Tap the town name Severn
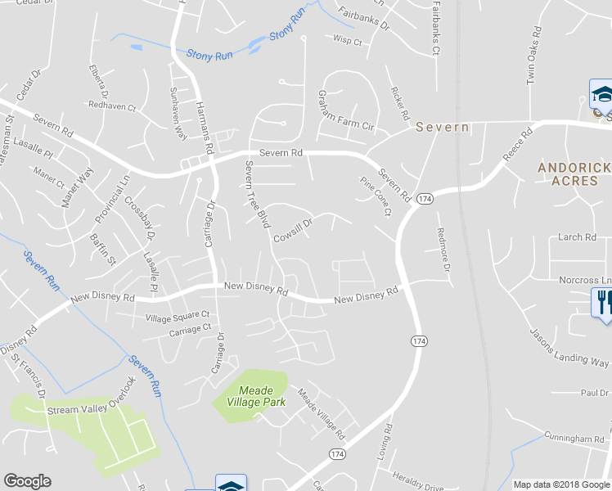point(442,128)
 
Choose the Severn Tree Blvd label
point(257,194)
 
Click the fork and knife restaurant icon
point(602,302)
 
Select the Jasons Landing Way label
point(569,348)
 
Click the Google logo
point(27,481)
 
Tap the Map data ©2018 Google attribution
point(562,484)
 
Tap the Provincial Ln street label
point(112,200)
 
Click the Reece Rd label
point(518,143)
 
